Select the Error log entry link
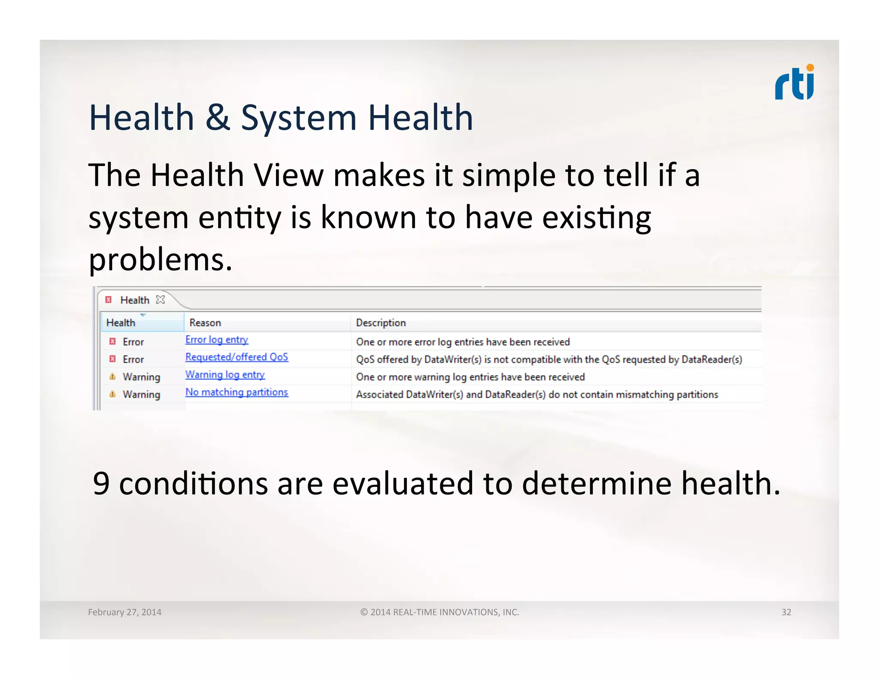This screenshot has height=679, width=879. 217,340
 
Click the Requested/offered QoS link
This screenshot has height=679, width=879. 236,357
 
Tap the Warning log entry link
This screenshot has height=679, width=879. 225,375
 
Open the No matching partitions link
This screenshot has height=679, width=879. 236,392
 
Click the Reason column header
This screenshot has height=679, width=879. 205,323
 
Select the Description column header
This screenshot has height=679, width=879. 381,323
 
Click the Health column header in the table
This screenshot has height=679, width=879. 121,323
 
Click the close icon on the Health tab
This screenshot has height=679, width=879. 161,300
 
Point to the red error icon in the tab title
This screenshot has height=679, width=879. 109,300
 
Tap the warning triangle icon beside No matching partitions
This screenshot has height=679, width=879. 112,394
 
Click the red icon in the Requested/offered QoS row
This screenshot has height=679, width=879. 112,359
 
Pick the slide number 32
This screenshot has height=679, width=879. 786,612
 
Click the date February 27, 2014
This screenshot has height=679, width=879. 124,612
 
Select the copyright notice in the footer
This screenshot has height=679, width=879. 439,612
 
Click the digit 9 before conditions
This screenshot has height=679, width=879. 101,484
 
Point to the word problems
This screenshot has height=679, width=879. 160,260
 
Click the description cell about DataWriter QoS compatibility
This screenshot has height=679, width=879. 549,360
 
